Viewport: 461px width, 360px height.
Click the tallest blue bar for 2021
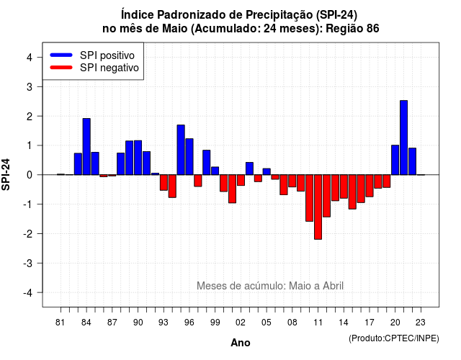tap(403, 138)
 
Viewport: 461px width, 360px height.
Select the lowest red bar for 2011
tap(318, 207)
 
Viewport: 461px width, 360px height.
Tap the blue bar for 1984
tap(86, 147)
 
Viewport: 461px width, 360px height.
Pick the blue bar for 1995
tap(181, 150)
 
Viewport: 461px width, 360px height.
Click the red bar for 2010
tap(309, 198)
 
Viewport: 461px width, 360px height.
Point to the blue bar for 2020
tap(395, 160)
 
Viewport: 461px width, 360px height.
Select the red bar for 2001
tap(232, 189)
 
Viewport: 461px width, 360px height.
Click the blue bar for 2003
tap(249, 168)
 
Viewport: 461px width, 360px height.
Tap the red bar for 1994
tap(172, 186)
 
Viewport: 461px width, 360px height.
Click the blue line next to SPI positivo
tap(61, 55)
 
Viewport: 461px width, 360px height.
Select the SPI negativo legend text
tap(109, 68)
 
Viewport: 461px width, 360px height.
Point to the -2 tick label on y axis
tap(29, 234)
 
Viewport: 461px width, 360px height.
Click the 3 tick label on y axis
tap(30, 87)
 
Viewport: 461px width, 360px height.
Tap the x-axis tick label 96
tap(189, 323)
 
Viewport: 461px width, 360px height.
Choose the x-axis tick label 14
tap(344, 323)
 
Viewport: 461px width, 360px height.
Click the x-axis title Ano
tap(241, 343)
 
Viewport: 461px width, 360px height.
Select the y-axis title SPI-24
tap(6, 174)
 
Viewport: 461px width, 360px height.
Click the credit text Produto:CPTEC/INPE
tap(394, 338)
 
